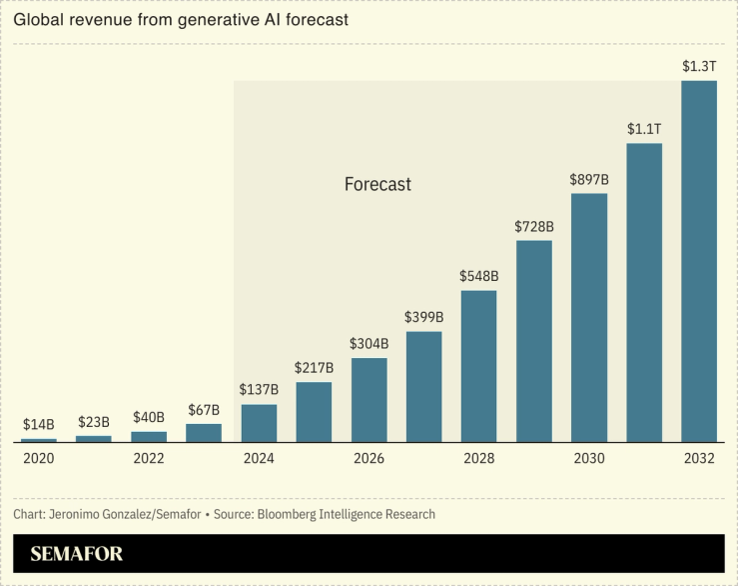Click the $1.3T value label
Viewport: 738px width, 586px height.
click(x=699, y=66)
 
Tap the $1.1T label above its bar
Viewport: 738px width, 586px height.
click(x=644, y=129)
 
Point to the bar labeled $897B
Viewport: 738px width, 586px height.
click(x=589, y=318)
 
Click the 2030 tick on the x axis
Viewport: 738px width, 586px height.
click(x=589, y=458)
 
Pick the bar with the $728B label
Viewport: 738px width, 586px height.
click(x=534, y=341)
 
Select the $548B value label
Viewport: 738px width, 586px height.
click(x=479, y=276)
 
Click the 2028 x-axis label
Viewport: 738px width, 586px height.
click(x=479, y=458)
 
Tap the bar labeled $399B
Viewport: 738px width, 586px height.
click(x=424, y=387)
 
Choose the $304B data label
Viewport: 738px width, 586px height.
click(x=369, y=343)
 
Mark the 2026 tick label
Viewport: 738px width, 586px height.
click(x=369, y=458)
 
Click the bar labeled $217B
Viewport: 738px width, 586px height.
click(x=314, y=412)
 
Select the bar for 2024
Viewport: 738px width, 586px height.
click(x=259, y=423)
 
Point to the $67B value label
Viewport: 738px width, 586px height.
click(x=204, y=410)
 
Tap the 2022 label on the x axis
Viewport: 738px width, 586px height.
click(x=149, y=458)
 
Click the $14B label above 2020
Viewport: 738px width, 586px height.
click(x=39, y=424)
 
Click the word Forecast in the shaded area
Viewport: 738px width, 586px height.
click(x=377, y=185)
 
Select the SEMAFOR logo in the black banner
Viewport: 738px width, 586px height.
click(x=77, y=554)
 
